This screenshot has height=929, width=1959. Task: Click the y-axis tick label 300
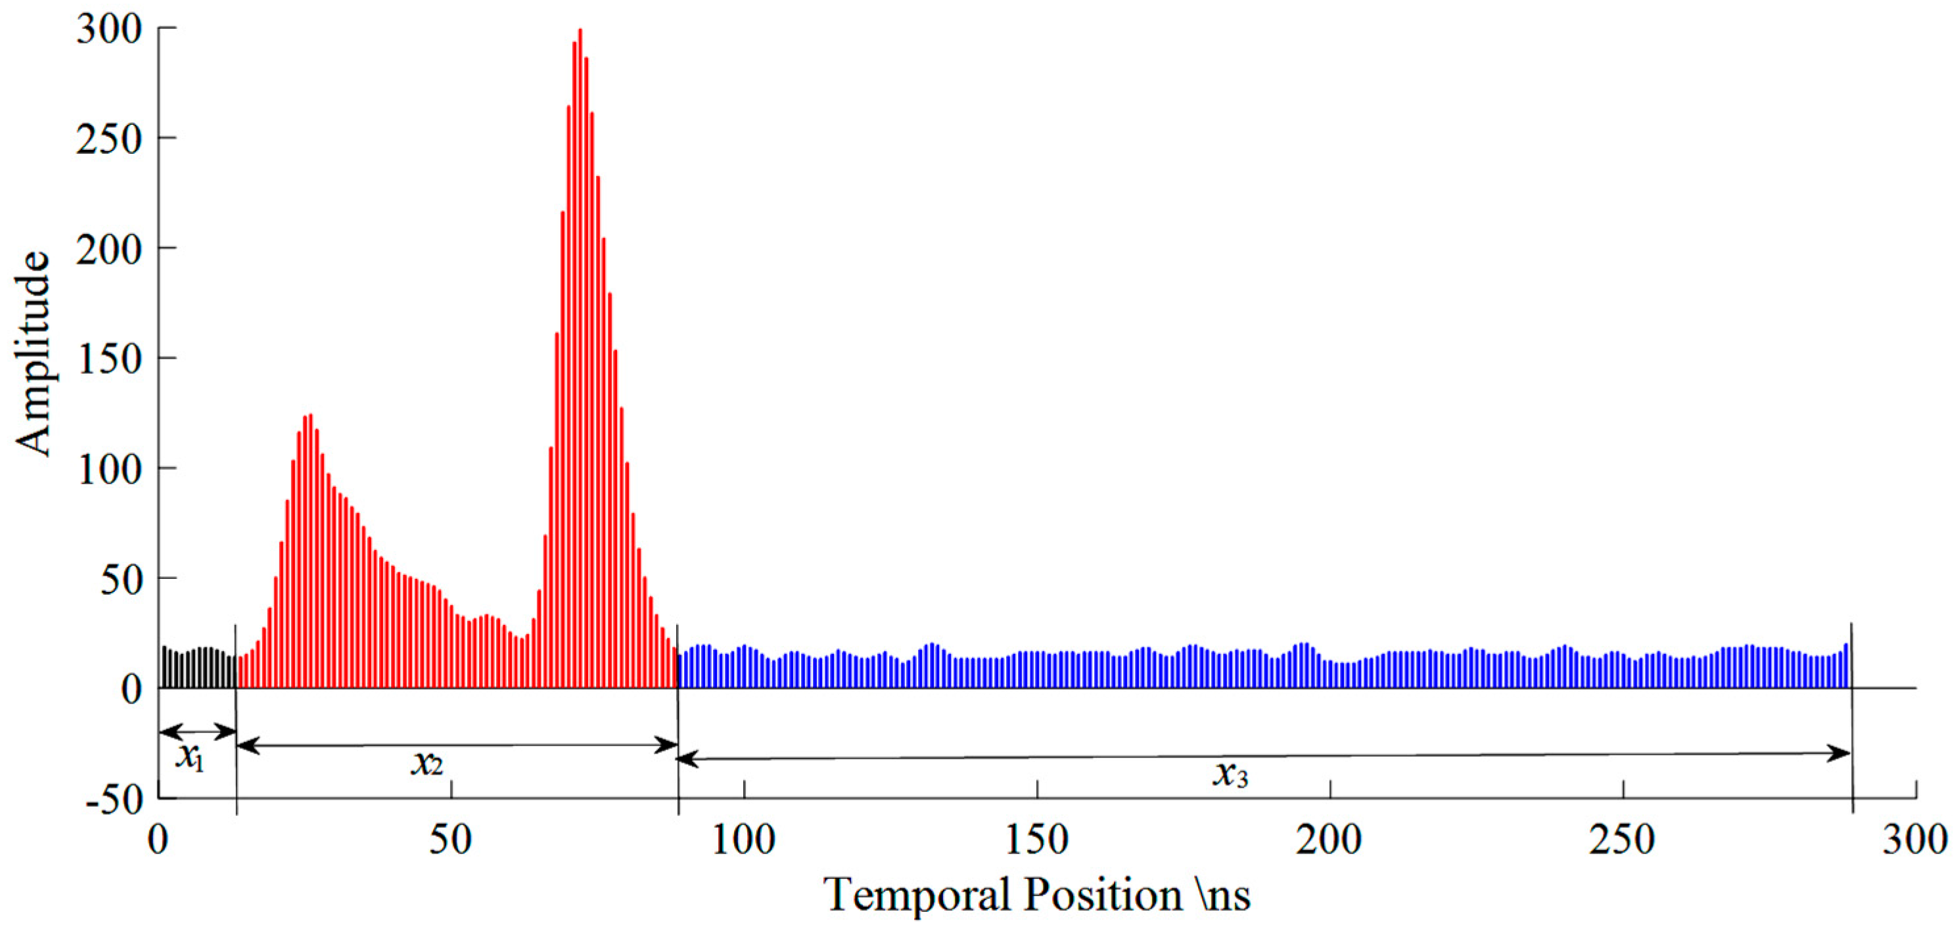108,30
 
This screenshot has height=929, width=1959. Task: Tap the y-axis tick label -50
114,799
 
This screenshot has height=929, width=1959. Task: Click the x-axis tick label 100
743,841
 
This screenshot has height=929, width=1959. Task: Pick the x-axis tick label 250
1621,841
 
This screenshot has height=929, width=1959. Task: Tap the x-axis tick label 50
450,841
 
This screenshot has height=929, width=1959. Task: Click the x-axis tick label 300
1914,841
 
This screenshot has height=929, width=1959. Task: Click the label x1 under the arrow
190,757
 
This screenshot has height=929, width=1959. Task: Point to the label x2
426,763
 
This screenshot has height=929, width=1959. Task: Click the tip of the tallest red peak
580,30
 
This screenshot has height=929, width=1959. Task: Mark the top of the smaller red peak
310,415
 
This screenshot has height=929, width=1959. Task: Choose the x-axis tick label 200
1329,841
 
